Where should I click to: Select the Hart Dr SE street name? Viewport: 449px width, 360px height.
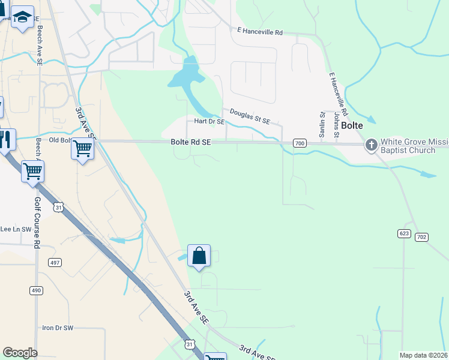tap(209, 121)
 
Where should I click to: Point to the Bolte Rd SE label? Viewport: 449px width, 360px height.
tap(191, 142)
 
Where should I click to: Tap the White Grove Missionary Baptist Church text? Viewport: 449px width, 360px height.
tap(414, 146)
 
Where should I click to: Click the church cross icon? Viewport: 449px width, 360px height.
tap(372, 145)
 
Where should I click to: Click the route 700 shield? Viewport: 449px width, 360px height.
tap(300, 143)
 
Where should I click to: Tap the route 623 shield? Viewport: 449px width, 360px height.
tap(404, 232)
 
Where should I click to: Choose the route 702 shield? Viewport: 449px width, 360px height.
tap(421, 238)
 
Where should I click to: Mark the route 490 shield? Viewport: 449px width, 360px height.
tap(36, 290)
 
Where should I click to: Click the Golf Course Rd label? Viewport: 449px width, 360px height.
tap(37, 223)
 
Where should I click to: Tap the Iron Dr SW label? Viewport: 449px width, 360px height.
tap(57, 328)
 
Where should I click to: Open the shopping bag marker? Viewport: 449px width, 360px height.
tap(199, 256)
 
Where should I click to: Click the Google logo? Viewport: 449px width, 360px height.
tap(20, 352)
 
